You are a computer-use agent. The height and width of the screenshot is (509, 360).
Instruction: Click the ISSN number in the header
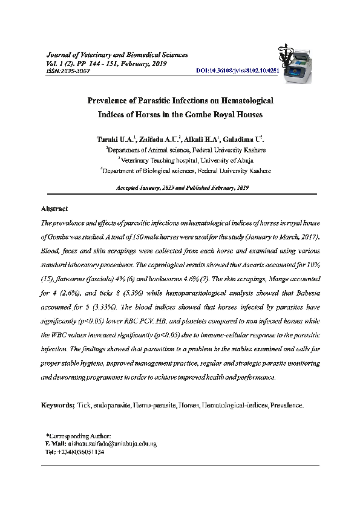[67, 71]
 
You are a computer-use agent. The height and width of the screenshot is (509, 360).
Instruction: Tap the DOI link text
[238, 71]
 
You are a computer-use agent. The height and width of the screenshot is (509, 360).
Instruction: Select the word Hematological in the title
[240, 100]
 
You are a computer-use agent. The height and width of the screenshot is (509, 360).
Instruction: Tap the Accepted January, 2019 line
[182, 188]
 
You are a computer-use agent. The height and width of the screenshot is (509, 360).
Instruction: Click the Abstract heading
[54, 209]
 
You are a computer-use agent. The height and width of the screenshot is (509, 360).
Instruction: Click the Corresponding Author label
[79, 436]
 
